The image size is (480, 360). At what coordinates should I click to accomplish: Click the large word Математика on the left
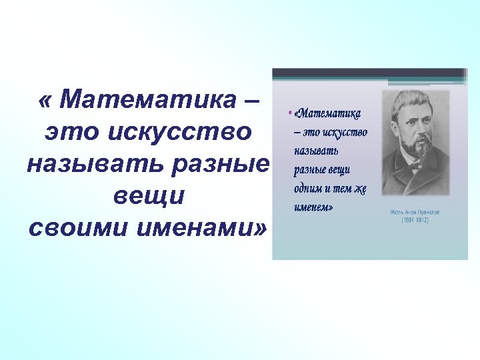145,101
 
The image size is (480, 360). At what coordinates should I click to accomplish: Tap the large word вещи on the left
149,196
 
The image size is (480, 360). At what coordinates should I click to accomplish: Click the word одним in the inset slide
309,188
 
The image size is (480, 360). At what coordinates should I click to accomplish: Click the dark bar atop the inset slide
369,73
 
